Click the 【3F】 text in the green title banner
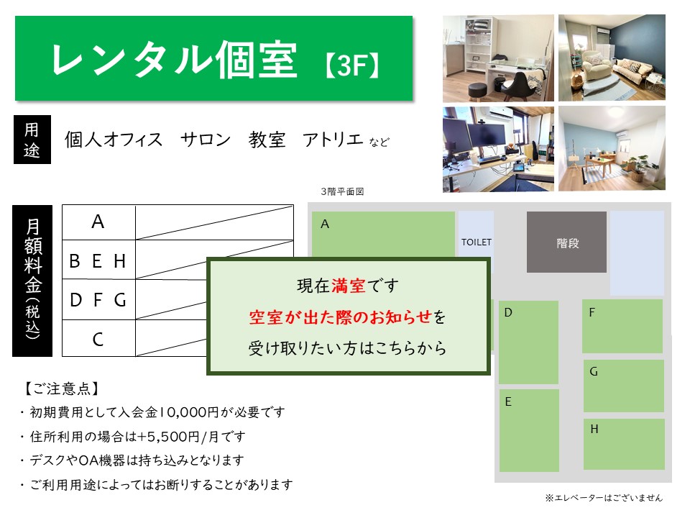coord(352,65)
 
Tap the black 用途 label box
coord(32,140)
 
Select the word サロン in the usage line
coord(206,140)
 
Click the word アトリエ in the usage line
coord(333,140)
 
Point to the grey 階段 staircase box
coord(566,242)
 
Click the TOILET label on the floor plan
coord(476,242)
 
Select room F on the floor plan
coord(622,326)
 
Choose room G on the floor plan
coord(624,386)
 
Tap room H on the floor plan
coord(624,444)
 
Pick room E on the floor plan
coord(529,430)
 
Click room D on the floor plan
coord(528,342)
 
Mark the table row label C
coord(98,339)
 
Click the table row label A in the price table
coord(98,222)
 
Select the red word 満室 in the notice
coord(349,286)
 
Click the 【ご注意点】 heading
coord(61,388)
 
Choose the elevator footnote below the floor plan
coord(604,498)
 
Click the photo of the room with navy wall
coord(612,58)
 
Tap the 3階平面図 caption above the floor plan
coord(342,191)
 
